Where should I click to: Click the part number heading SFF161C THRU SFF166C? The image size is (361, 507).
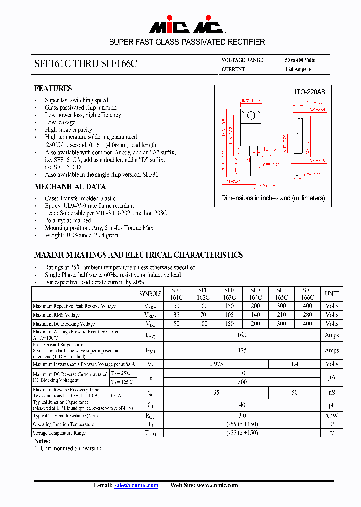pos(85,64)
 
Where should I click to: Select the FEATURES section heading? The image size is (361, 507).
pos(53,88)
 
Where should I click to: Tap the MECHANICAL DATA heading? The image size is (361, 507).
pos(70,187)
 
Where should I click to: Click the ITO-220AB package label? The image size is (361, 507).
pos(309,92)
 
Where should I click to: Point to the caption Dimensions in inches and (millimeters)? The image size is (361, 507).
pos(273,198)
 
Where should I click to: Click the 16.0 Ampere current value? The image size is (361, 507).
pos(297,69)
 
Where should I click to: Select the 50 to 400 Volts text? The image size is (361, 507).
pos(300,60)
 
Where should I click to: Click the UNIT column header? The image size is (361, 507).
pos(331,294)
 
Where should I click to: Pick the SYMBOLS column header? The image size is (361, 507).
pos(150,294)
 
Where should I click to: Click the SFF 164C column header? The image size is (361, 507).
pos(255,294)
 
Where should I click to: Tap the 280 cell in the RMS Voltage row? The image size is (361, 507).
pos(307,315)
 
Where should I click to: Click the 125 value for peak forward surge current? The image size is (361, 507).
pos(242,350)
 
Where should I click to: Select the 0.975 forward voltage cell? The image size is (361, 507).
pos(216,364)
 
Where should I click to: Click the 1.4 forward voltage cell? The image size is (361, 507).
pos(294,364)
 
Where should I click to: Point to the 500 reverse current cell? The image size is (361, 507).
pos(242,382)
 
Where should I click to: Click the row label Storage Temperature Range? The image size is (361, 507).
pos(59,433)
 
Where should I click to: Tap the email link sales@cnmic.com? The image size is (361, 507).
pos(136,485)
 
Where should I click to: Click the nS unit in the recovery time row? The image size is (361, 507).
pos(331,393)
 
